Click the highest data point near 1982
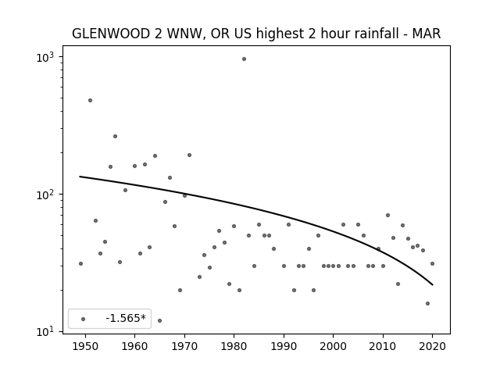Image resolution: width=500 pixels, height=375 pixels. click(x=244, y=59)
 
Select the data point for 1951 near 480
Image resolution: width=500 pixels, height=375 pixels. click(x=91, y=101)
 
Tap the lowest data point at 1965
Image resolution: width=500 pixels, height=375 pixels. click(x=159, y=320)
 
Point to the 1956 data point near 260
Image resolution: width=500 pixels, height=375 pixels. click(x=115, y=137)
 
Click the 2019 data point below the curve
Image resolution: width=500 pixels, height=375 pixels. click(x=427, y=304)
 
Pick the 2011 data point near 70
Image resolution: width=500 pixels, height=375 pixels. click(x=387, y=216)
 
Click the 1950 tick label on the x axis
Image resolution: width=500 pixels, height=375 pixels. click(x=85, y=346)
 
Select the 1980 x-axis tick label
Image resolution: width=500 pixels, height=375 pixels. click(x=234, y=346)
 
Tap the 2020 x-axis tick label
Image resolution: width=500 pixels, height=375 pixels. click(x=432, y=346)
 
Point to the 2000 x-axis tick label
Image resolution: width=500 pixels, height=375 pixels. click(x=334, y=346)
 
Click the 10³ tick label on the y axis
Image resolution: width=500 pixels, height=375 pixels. click(x=45, y=57)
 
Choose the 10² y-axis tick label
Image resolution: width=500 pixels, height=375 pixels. click(x=45, y=195)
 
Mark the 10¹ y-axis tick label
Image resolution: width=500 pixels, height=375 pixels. click(x=45, y=331)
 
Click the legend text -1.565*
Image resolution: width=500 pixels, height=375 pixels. click(x=126, y=318)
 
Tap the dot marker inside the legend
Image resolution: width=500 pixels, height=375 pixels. click(x=84, y=319)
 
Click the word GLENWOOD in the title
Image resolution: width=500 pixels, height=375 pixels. click(x=111, y=34)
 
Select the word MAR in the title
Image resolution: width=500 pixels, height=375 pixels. click(x=427, y=34)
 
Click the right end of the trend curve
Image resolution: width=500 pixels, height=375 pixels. click(x=432, y=284)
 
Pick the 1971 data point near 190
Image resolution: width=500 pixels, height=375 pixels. click(x=189, y=155)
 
